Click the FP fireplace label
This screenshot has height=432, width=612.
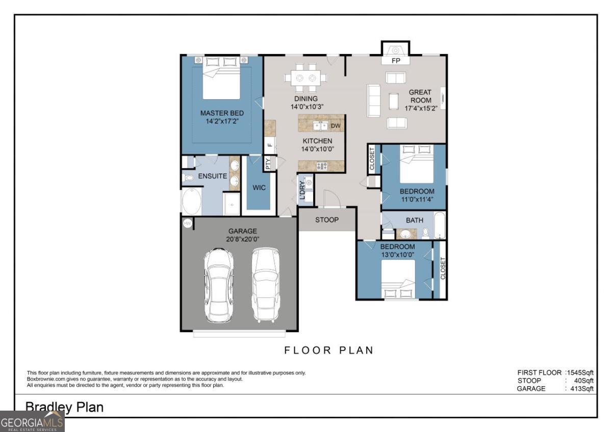pyautogui.click(x=396, y=61)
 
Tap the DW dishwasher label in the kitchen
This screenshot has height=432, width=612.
pyautogui.click(x=336, y=126)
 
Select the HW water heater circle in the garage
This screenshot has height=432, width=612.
pyautogui.click(x=188, y=224)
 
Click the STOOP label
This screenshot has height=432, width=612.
pyautogui.click(x=327, y=220)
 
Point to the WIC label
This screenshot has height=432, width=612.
pyautogui.click(x=259, y=188)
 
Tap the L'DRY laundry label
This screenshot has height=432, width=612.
pyautogui.click(x=302, y=190)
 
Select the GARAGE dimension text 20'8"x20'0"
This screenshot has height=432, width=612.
pyautogui.click(x=243, y=239)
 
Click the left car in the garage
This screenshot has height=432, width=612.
pyautogui.click(x=219, y=285)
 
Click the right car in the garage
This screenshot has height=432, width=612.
pyautogui.click(x=266, y=285)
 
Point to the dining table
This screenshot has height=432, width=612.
pyautogui.click(x=305, y=78)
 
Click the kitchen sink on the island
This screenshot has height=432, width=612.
pyautogui.click(x=320, y=126)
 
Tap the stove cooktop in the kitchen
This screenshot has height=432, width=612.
pyautogui.click(x=322, y=166)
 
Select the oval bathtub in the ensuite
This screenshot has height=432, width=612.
pyautogui.click(x=192, y=201)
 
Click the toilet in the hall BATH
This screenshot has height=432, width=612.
pyautogui.click(x=425, y=233)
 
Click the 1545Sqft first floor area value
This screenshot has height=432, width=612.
pyautogui.click(x=580, y=373)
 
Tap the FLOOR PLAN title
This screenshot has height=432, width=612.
pyautogui.click(x=328, y=350)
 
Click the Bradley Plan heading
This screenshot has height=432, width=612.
pyautogui.click(x=64, y=407)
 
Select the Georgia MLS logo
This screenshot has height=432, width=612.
pyautogui.click(x=32, y=422)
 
